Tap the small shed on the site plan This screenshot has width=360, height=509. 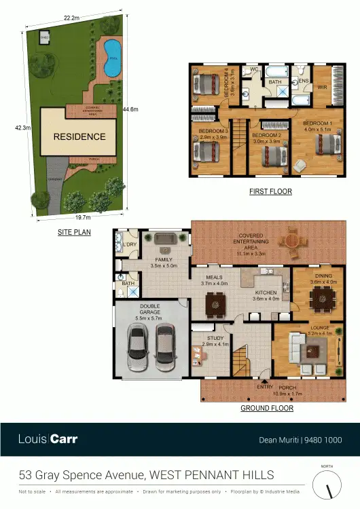46,37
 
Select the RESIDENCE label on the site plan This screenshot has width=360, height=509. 79,136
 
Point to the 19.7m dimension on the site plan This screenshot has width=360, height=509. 82,219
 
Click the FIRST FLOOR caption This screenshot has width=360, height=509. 270,192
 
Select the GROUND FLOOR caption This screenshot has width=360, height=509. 267,409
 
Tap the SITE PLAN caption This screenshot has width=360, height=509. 74,232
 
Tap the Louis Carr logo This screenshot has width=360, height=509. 48,439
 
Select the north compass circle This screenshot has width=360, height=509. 327,485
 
